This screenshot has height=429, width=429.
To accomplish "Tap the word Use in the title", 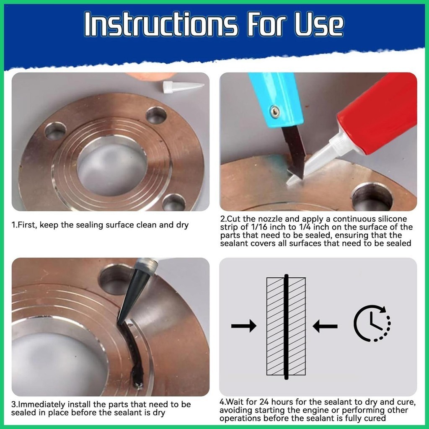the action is pyautogui.click(x=319, y=24).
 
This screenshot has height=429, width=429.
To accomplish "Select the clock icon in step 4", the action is pyautogui.click(x=372, y=323).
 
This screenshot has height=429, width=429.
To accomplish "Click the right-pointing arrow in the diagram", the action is pyautogui.click(x=244, y=326).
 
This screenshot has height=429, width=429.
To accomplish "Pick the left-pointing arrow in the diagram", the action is pyautogui.click(x=325, y=326).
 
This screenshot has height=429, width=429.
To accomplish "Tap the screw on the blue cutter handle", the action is pyautogui.click(x=275, y=111).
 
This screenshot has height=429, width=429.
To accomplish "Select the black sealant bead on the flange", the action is pyautogui.click(x=134, y=355).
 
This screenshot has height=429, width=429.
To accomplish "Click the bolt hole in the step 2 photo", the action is pyautogui.click(x=372, y=196).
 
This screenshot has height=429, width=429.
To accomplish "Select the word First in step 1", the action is pyautogui.click(x=27, y=225).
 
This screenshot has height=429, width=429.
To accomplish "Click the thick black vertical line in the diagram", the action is pyautogui.click(x=286, y=327).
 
